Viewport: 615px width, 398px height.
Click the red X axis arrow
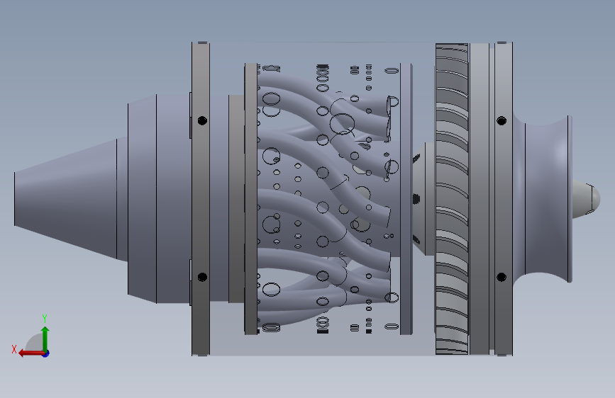click(x=31, y=353)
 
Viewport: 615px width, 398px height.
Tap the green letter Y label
click(x=45, y=318)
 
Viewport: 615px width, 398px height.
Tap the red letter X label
click(x=14, y=349)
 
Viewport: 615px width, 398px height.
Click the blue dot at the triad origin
click(x=46, y=353)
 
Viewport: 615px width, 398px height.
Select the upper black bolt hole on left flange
click(x=202, y=120)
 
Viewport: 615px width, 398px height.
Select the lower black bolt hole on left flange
click(x=202, y=278)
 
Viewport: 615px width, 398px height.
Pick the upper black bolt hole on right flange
click(x=502, y=120)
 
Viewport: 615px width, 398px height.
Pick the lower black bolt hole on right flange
click(x=502, y=278)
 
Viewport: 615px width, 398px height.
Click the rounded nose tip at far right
click(x=586, y=198)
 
